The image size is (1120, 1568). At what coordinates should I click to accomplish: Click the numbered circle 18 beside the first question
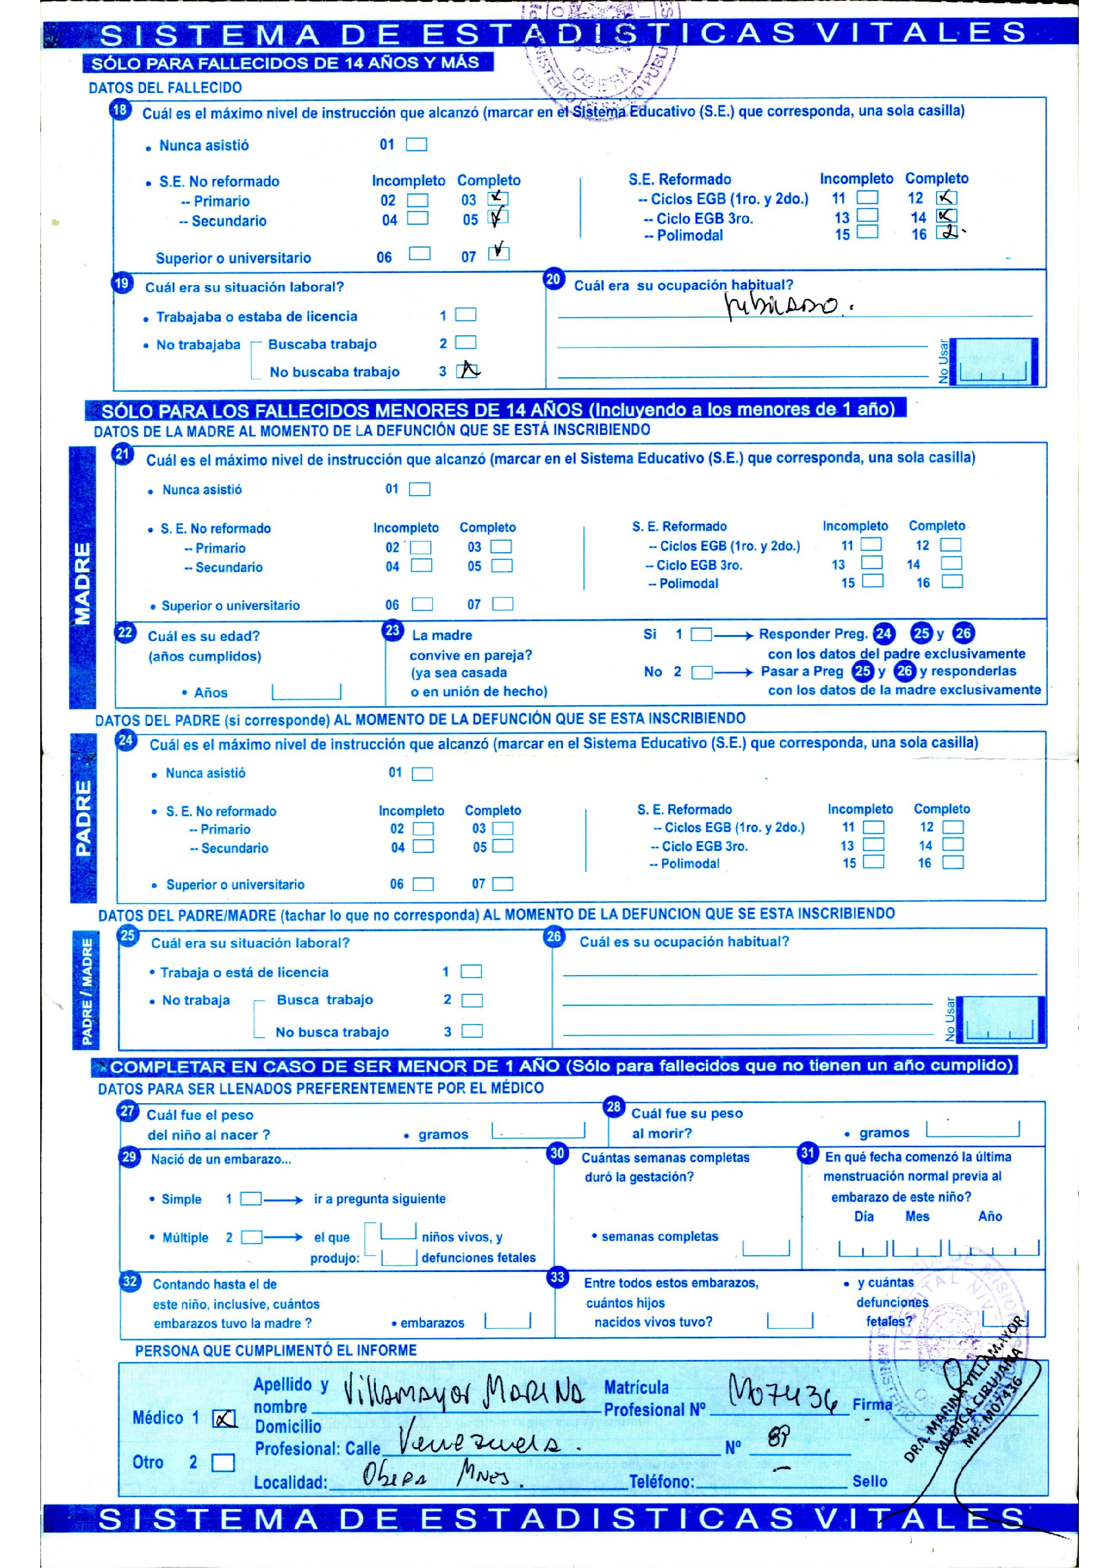tap(120, 110)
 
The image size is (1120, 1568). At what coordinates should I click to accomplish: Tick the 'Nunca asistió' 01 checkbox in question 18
tap(416, 144)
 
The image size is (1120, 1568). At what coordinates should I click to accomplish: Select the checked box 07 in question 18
tap(498, 253)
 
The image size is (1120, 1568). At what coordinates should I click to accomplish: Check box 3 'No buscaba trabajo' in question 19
tap(467, 370)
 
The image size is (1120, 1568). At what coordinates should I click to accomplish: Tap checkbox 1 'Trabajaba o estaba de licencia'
tap(466, 315)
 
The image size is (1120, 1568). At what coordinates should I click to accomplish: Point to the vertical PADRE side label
tap(84, 818)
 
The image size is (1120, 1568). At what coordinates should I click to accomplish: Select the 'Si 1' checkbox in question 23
tap(701, 634)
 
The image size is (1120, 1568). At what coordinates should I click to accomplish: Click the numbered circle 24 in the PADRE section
tap(126, 740)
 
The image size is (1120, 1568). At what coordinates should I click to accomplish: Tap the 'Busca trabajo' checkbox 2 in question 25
tap(472, 1000)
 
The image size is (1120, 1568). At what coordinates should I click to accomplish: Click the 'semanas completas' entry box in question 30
tap(765, 1248)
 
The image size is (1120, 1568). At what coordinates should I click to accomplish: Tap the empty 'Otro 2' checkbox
tap(223, 1462)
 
